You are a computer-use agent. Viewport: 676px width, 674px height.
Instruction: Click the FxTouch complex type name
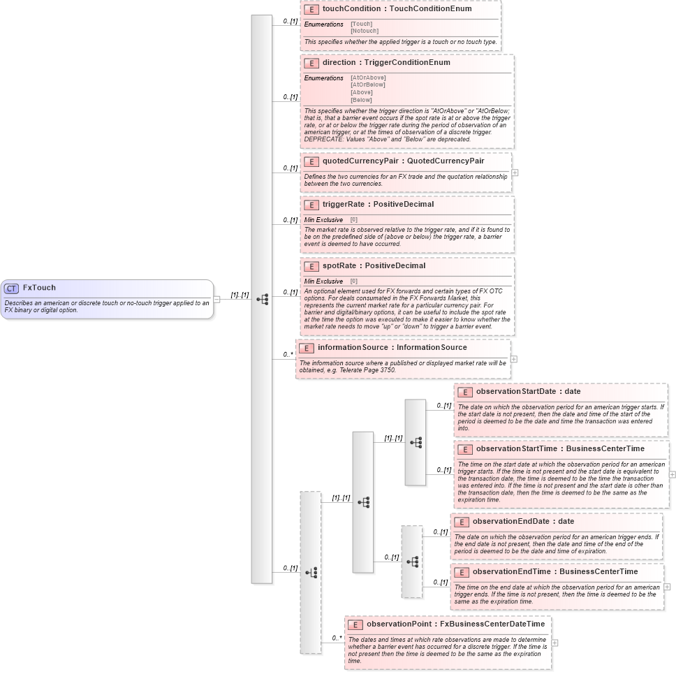pos(39,288)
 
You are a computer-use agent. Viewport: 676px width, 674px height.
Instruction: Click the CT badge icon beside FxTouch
pos(11,288)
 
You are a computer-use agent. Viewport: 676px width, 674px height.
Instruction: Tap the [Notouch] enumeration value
pos(364,31)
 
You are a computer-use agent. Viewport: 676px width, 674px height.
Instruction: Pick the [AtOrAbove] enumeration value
pos(368,78)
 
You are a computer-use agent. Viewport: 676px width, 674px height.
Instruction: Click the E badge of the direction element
pos(311,63)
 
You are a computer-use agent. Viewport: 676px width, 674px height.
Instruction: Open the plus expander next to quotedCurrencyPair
pos(515,173)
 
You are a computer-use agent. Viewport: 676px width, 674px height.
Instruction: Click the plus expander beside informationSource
pos(514,359)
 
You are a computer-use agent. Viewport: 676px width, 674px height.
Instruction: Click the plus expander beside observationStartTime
pos(672,474)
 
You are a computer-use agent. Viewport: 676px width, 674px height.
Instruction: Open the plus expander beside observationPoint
pos(554,643)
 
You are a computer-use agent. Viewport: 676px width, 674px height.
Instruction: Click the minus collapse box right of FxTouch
pos(216,300)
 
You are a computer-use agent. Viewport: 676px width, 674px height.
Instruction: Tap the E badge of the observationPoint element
pos(355,625)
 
